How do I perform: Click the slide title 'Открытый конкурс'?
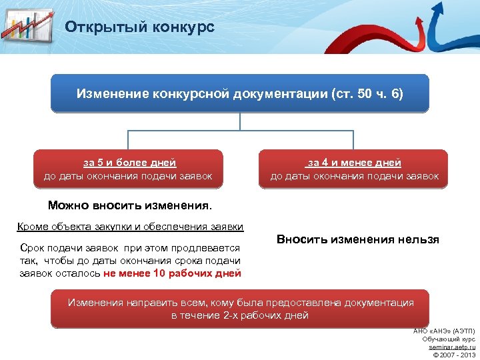click(x=139, y=27)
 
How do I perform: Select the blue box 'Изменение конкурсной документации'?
click(x=240, y=93)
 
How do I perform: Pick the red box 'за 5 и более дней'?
click(x=128, y=169)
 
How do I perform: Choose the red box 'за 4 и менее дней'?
click(x=354, y=169)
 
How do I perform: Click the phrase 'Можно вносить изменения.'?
click(x=130, y=205)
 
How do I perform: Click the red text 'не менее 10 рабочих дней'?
click(x=172, y=273)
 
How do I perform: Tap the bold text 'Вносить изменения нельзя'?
click(x=357, y=239)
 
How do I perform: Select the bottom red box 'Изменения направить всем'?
click(x=240, y=309)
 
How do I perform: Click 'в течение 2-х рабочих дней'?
click(x=240, y=315)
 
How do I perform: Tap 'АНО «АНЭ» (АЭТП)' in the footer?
click(x=444, y=331)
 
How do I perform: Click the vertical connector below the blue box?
click(x=240, y=121)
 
